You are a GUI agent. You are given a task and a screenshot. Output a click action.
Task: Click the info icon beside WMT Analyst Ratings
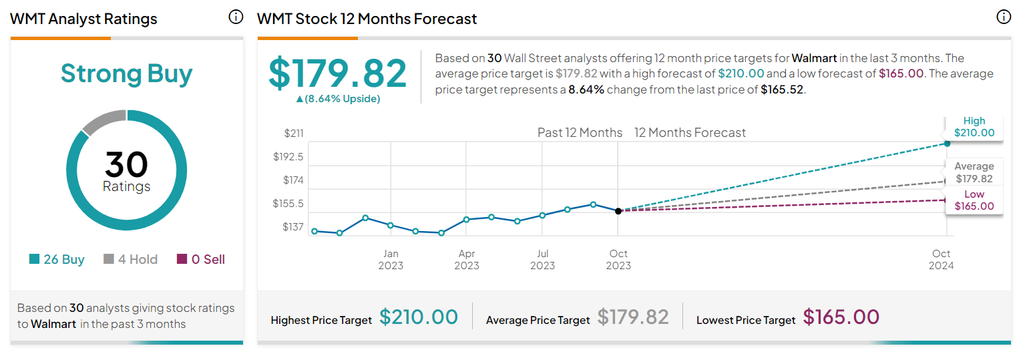(236, 17)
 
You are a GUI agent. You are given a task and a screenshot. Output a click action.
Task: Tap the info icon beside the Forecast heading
(1004, 17)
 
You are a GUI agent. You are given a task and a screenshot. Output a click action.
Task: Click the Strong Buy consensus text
(126, 73)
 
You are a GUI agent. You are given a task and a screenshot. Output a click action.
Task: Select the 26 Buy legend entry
(57, 259)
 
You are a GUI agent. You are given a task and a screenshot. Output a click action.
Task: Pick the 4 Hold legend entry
(131, 259)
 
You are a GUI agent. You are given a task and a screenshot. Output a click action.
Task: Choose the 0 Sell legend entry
(201, 259)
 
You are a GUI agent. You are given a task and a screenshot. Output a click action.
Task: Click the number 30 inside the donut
(126, 164)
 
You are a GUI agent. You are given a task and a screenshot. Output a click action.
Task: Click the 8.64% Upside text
(338, 99)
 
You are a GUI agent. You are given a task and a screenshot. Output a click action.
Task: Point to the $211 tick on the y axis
(293, 134)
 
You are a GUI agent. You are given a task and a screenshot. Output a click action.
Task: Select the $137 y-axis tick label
(292, 227)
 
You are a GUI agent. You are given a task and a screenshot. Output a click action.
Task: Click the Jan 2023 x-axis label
(391, 259)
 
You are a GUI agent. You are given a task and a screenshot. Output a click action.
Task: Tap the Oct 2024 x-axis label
(941, 259)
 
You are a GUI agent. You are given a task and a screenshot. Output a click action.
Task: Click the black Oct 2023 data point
(618, 211)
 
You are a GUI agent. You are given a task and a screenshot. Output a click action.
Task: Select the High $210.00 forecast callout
(974, 127)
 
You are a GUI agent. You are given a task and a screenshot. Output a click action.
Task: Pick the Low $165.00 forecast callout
(974, 200)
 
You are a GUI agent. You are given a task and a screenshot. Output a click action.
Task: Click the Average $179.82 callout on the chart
(974, 172)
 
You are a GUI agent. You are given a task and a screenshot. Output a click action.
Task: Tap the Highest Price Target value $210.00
(419, 317)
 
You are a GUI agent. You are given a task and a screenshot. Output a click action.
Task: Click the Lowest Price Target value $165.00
(841, 317)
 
